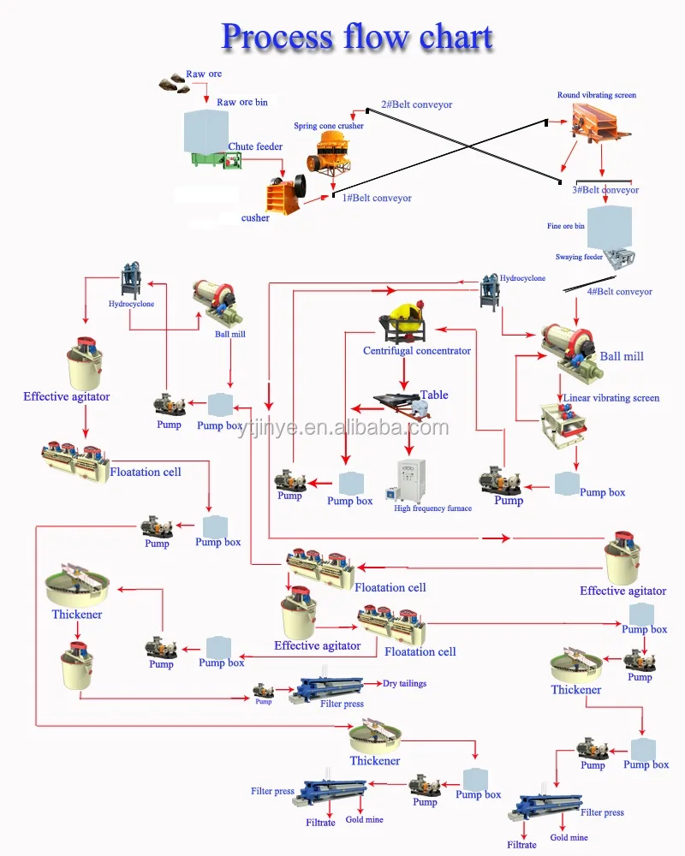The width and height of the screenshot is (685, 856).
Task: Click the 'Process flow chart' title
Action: pyautogui.click(x=357, y=37)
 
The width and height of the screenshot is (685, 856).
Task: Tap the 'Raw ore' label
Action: pyautogui.click(x=204, y=74)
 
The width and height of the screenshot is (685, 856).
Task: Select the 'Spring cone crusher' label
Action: pyautogui.click(x=329, y=126)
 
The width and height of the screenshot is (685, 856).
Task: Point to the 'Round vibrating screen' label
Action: pyautogui.click(x=597, y=95)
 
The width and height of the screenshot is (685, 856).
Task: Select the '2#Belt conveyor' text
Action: pyautogui.click(x=416, y=104)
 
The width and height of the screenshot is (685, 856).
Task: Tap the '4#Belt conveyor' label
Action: pyautogui.click(x=619, y=292)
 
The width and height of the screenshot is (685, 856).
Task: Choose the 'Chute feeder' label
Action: pyautogui.click(x=255, y=146)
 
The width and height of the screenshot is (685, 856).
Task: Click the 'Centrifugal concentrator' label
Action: pyautogui.click(x=417, y=351)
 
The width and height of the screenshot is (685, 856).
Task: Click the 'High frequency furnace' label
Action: pyautogui.click(x=432, y=508)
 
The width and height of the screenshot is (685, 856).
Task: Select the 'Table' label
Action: pyautogui.click(x=434, y=395)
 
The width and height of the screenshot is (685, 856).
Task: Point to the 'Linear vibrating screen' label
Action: pyautogui.click(x=611, y=398)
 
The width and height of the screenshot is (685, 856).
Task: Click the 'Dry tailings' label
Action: pyautogui.click(x=404, y=684)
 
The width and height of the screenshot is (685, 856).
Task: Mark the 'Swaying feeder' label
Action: pyautogui.click(x=580, y=257)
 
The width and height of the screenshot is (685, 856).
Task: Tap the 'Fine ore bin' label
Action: pyautogui.click(x=566, y=226)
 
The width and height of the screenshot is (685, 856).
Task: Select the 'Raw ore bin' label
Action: pyautogui.click(x=241, y=102)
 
